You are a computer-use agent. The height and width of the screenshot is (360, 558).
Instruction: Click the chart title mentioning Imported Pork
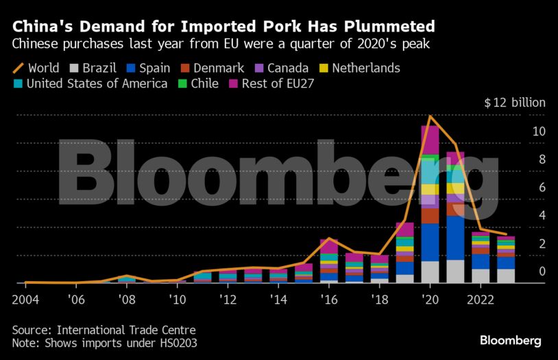coord(223,27)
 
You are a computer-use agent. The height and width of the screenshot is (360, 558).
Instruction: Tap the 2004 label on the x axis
coord(25,299)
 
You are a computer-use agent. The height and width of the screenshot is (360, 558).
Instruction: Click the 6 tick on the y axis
coord(542,187)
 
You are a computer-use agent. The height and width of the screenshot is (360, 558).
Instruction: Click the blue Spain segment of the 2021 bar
coord(455,237)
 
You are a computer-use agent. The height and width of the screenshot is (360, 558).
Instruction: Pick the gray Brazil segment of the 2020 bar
coord(430,272)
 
